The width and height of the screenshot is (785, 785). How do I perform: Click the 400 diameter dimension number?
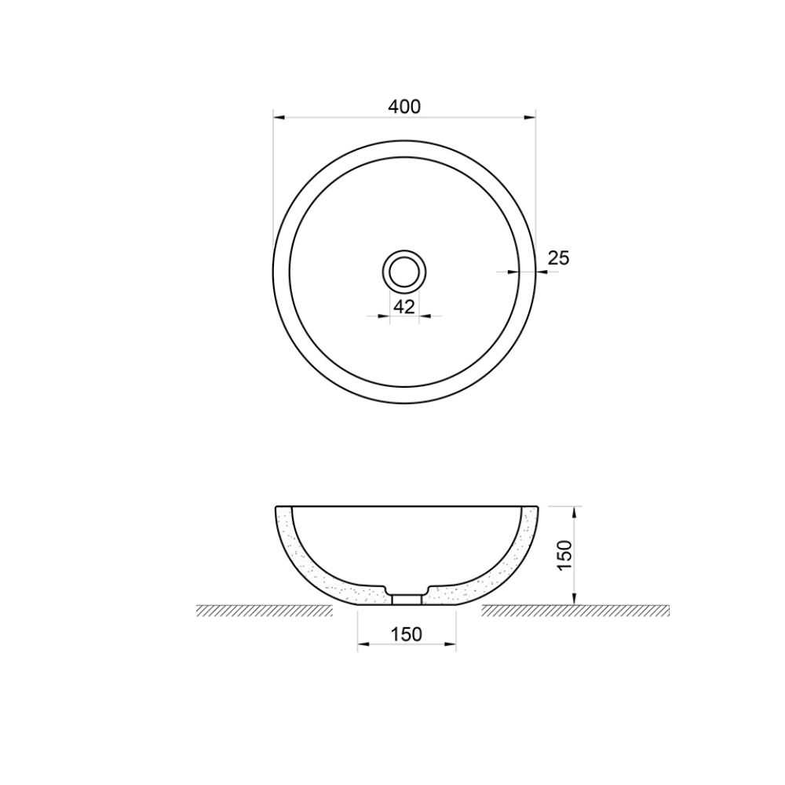pyautogui.click(x=404, y=107)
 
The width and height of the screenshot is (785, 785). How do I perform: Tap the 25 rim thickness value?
pyautogui.click(x=558, y=257)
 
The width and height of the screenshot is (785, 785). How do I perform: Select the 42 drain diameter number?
pyautogui.click(x=404, y=307)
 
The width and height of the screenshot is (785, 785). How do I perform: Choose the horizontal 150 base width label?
pyautogui.click(x=407, y=633)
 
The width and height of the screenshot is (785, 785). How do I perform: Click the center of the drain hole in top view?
pyautogui.click(x=404, y=272)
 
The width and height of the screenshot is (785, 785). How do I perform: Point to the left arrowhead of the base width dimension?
pyautogui.click(x=363, y=644)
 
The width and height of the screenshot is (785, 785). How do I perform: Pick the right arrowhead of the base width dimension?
pyautogui.click(x=451, y=644)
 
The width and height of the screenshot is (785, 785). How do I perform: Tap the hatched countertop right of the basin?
pyautogui.click(x=573, y=611)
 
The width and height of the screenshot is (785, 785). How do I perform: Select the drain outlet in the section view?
pyautogui.click(x=407, y=598)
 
